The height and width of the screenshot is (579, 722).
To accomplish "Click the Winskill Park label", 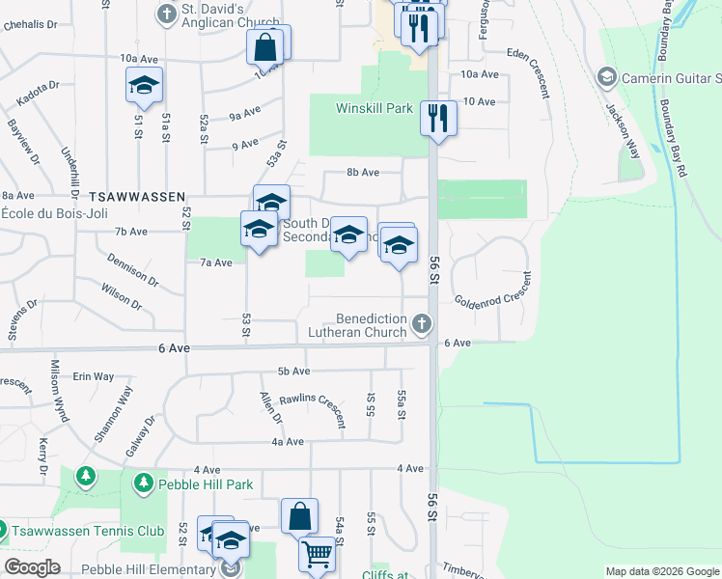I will click(374, 109).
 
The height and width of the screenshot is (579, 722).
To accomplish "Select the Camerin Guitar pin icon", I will click(607, 75).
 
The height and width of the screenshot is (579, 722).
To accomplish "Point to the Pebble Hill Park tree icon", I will click(144, 481).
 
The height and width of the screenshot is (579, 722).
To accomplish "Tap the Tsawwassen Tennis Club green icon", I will click(2, 530).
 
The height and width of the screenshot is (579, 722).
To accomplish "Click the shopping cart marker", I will click(317, 555).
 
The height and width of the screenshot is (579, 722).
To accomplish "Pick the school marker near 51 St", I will click(144, 87).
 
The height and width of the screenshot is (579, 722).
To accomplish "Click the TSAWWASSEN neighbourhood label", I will click(136, 196).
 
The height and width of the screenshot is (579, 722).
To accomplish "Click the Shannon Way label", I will click(113, 413).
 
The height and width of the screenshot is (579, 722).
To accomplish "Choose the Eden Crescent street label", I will click(531, 72).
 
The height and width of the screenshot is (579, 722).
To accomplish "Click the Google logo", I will click(32, 567).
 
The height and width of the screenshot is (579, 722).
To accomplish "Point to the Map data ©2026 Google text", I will click(662, 571).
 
